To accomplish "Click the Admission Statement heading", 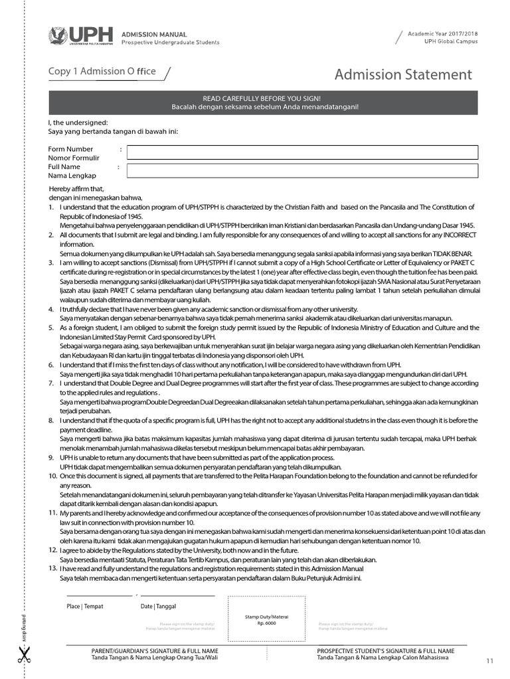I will pos(403,75).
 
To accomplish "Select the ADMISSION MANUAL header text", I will pos(153,34).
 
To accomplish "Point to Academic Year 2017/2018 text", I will pos(442,33).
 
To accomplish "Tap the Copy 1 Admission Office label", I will pos(102,72).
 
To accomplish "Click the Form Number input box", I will pos(302,152).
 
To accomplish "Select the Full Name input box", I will pos(302,170).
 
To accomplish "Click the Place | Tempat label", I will pos(84,606).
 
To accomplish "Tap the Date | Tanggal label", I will pos(158,606).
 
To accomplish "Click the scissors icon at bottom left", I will pos(25,656).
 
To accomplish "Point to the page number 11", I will pos(490,660).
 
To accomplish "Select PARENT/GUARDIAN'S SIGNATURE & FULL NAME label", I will pos(155,651).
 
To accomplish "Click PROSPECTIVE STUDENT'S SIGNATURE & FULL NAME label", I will pos(385,651).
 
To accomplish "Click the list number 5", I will pos(51,328).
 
